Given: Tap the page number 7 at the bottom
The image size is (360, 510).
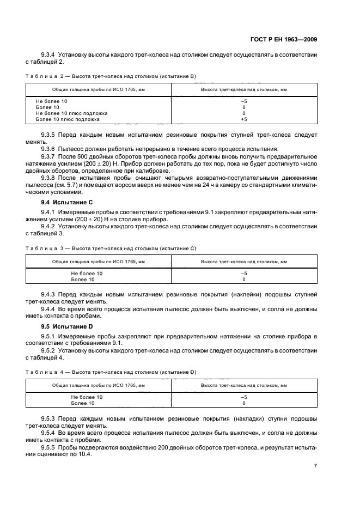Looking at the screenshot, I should tap(315, 466).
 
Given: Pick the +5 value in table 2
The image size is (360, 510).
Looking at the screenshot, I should tap(243, 119).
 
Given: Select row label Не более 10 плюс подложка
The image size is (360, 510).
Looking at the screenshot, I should tap(71, 113).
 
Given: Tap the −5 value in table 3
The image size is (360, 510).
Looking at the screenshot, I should tap(243, 274).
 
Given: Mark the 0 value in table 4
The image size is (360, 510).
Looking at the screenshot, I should tap(243, 403).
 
